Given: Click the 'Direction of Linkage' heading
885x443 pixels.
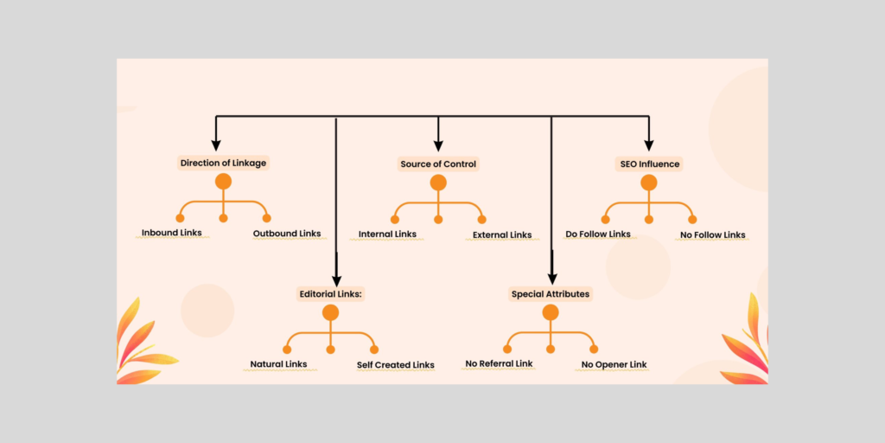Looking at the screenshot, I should [x=223, y=163].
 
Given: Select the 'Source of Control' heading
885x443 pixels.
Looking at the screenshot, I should [x=438, y=164].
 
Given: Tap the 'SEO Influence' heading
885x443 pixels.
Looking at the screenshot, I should [x=649, y=164].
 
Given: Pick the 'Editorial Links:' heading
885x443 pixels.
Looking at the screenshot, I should [x=330, y=294].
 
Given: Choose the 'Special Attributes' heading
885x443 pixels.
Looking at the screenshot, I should [x=551, y=294].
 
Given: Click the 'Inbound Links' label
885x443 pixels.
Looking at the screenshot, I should [x=172, y=233].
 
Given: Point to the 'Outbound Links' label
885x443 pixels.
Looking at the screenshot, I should [x=287, y=234].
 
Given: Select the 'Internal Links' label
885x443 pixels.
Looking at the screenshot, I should [x=387, y=234].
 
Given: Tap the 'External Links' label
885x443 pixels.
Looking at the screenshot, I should [x=502, y=234].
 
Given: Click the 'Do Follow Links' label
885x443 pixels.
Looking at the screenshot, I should [x=598, y=234].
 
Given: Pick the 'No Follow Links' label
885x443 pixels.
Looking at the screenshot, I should [x=712, y=234].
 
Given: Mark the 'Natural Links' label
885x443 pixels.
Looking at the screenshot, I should [x=278, y=364].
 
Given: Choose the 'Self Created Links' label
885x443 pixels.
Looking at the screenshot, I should [x=396, y=365].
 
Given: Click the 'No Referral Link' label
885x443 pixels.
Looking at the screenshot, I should [x=499, y=364].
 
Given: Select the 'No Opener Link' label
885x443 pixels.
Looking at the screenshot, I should [x=614, y=365].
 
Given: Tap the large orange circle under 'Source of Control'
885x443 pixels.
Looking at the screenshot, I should [x=438, y=183].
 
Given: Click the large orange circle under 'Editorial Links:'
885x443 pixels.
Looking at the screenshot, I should [x=330, y=313].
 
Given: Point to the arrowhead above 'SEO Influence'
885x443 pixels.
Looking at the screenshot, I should [x=649, y=144].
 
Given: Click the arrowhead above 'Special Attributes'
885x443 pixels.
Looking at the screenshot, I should [x=551, y=276].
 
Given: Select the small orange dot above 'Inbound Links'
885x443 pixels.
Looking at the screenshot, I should [x=181, y=217].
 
